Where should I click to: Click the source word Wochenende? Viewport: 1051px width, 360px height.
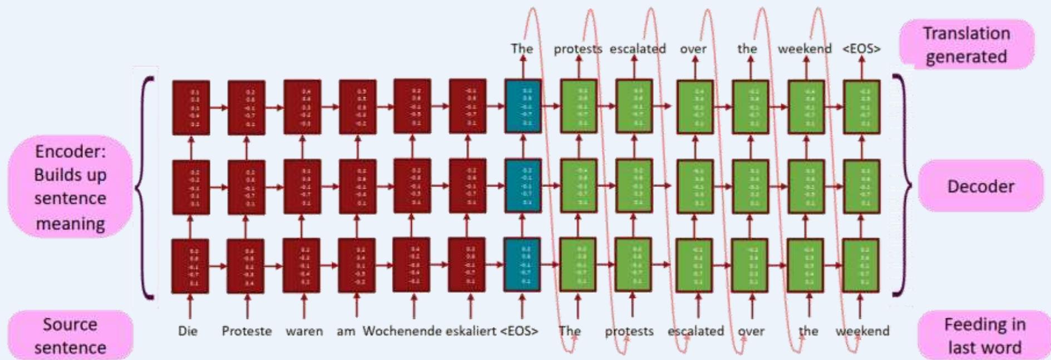pyautogui.click(x=402, y=331)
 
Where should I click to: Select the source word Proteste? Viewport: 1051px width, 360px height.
pyautogui.click(x=246, y=331)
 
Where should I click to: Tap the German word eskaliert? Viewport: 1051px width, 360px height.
pyautogui.click(x=471, y=331)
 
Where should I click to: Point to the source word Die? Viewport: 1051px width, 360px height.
pyautogui.click(x=187, y=331)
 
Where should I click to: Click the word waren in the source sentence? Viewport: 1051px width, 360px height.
pyautogui.click(x=304, y=331)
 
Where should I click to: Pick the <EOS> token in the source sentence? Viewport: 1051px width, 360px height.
pyautogui.click(x=519, y=331)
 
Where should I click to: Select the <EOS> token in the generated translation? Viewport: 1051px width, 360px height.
pyautogui.click(x=861, y=49)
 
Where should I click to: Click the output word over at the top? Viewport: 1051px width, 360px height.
pyautogui.click(x=693, y=49)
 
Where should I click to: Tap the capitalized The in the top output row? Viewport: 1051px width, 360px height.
pyautogui.click(x=521, y=49)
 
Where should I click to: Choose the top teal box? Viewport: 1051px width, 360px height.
pyautogui.click(x=523, y=106)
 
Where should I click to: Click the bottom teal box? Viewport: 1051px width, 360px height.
pyautogui.click(x=522, y=265)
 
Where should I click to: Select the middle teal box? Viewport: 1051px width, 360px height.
pyautogui.click(x=523, y=186)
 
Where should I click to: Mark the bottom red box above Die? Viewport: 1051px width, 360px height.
pyautogui.click(x=190, y=266)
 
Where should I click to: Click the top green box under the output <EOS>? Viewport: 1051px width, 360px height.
pyautogui.click(x=862, y=107)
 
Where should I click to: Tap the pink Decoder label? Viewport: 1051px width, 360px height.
pyautogui.click(x=980, y=186)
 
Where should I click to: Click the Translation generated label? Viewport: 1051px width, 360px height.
pyautogui.click(x=966, y=45)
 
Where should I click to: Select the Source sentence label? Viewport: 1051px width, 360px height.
pyautogui.click(x=70, y=336)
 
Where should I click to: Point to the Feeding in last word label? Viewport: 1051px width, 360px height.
pyautogui.click(x=984, y=336)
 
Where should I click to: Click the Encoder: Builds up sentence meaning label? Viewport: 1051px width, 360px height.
pyautogui.click(x=70, y=187)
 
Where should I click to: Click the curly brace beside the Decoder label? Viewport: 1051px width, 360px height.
pyautogui.click(x=904, y=186)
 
